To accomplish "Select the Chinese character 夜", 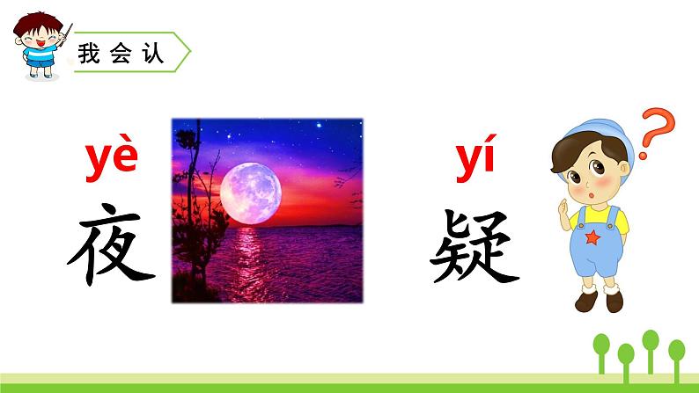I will point(112,243).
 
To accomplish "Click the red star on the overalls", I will point(592,237).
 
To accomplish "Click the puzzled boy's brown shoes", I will point(600,301).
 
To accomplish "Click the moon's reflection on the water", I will point(255,264).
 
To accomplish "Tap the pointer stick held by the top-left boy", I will point(64,33).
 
